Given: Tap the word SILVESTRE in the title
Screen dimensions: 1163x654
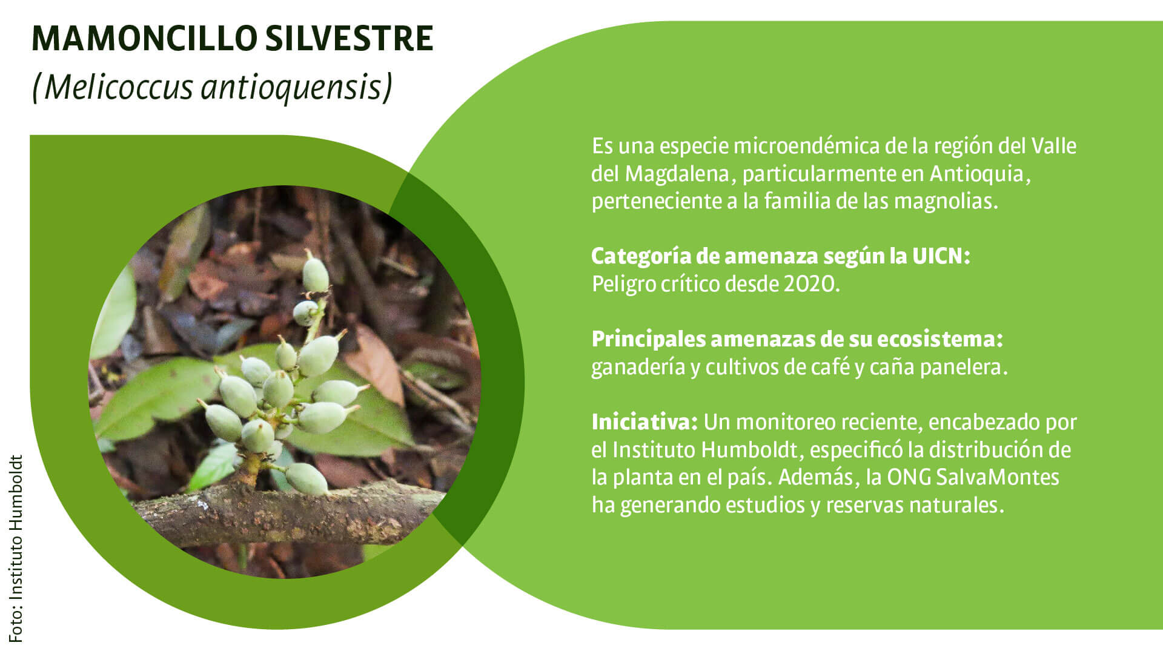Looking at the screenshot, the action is [350, 39].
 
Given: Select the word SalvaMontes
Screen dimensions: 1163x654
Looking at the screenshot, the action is [998, 477].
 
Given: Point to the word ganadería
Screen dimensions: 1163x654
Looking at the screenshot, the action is [638, 368].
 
